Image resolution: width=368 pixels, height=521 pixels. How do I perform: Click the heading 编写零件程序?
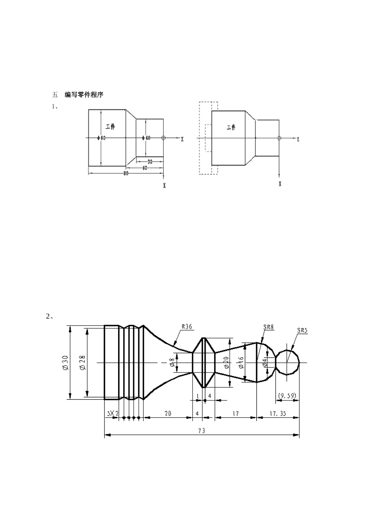point(84,95)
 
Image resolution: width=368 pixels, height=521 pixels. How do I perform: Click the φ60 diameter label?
point(101,138)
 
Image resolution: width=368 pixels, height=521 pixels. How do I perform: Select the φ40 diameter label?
point(146,138)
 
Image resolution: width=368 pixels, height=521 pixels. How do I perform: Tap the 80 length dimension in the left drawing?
point(126,173)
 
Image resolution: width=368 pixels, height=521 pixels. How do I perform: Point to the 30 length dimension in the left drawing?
point(150,161)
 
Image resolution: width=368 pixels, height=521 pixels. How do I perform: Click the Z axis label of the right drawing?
point(298,140)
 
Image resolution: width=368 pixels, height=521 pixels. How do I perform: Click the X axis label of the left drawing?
point(164,186)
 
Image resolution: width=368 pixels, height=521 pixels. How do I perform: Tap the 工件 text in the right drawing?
point(231,127)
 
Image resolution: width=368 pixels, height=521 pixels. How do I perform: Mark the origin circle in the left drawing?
point(163,138)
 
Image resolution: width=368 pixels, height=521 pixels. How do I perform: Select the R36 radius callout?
point(186,327)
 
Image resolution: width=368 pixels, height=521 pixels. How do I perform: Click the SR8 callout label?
point(268,327)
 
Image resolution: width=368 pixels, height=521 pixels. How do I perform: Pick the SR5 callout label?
point(302,331)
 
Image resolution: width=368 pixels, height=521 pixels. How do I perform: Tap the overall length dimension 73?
point(201,431)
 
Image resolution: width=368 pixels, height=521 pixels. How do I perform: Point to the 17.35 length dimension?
point(277,414)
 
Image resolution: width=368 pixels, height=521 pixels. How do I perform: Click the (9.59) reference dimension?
point(287,396)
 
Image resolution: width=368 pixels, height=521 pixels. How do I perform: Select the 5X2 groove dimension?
point(112,414)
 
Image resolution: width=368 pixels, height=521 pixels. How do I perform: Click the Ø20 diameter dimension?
point(226,363)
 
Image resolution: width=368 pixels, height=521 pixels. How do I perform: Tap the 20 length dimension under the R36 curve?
point(168,414)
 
